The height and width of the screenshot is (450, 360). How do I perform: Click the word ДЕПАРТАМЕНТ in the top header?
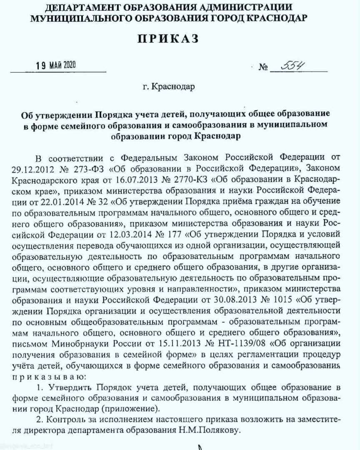pyautogui.click(x=79, y=7)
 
